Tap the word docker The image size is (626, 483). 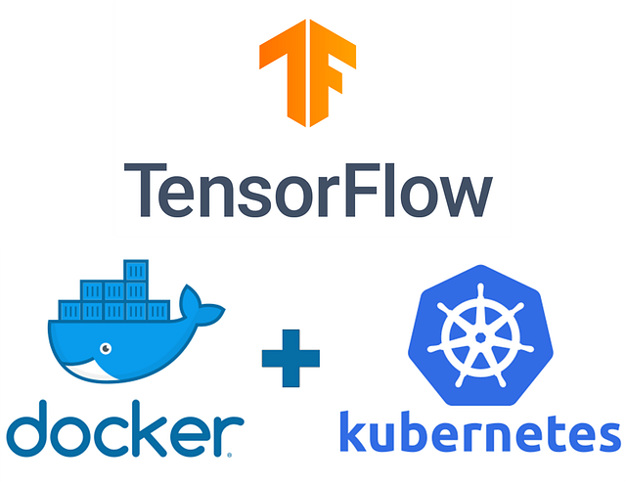121,431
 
